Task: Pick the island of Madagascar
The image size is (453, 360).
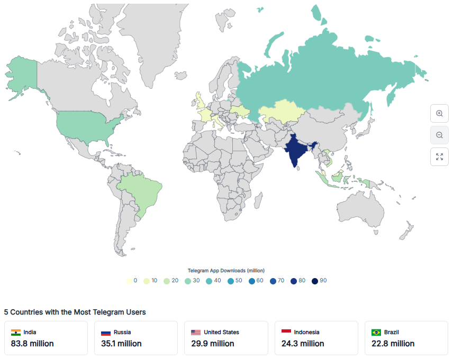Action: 258,201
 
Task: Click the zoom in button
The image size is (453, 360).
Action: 439,114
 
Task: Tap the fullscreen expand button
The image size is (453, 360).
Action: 439,156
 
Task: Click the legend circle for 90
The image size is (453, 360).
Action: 315,281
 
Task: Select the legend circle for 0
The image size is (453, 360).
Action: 129,281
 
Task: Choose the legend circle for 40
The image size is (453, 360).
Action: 209,281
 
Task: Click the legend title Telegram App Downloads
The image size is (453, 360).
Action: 226,271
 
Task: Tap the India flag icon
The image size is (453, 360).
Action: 15,333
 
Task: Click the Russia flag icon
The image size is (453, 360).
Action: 106,333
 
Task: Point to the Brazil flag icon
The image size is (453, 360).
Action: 376,333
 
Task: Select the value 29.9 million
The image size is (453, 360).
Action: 213,344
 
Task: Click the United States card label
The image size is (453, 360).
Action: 221,333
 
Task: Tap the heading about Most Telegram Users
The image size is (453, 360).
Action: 75,312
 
